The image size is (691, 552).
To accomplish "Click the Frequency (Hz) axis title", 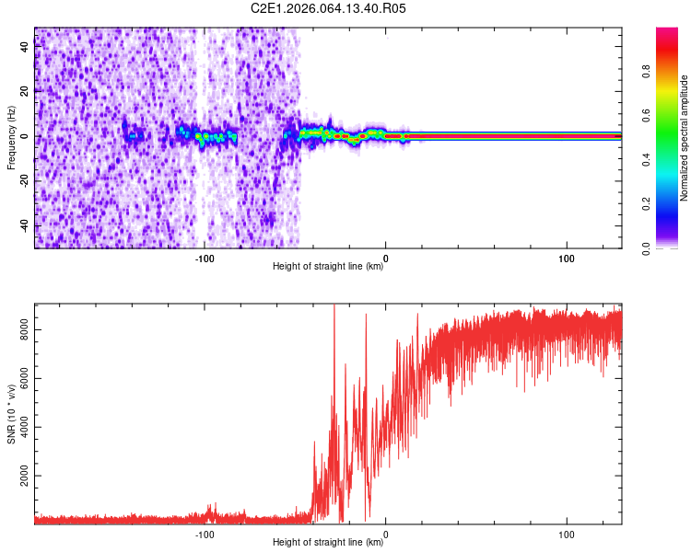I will (x=11, y=138).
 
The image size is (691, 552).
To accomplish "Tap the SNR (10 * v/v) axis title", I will (x=11, y=414).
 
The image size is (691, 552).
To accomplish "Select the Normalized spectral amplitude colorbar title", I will (x=685, y=138).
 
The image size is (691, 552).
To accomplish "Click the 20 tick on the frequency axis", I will (x=25, y=91).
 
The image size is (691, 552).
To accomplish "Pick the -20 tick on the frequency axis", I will (x=25, y=181).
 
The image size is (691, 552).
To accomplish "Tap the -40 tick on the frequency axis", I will (x=25, y=225).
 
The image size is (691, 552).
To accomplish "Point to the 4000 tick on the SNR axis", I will (x=25, y=429).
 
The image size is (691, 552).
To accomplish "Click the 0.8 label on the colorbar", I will (x=673, y=71).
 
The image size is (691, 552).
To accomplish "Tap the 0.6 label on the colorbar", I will (x=673, y=115).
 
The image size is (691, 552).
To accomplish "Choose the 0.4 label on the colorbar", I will (x=673, y=159).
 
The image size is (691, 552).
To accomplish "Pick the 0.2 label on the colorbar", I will (x=673, y=203).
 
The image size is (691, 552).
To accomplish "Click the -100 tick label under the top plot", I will (x=205, y=258).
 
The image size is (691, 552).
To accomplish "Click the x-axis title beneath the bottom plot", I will (x=328, y=543).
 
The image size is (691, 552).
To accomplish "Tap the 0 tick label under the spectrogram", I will (x=385, y=258).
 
